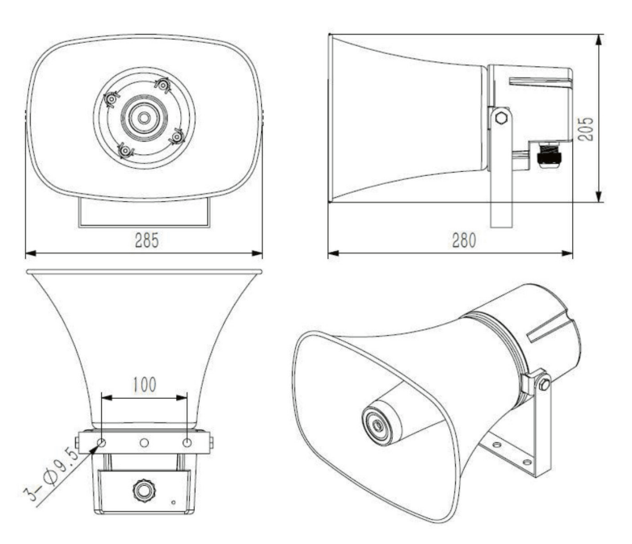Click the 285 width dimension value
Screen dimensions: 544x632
pyautogui.click(x=146, y=240)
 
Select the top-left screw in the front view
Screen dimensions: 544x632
pyautogui.click(x=112, y=98)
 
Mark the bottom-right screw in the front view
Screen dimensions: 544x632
pyautogui.click(x=175, y=138)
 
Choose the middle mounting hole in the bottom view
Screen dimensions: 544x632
pyautogui.click(x=144, y=443)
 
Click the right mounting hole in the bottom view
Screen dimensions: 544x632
pyautogui.click(x=187, y=443)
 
